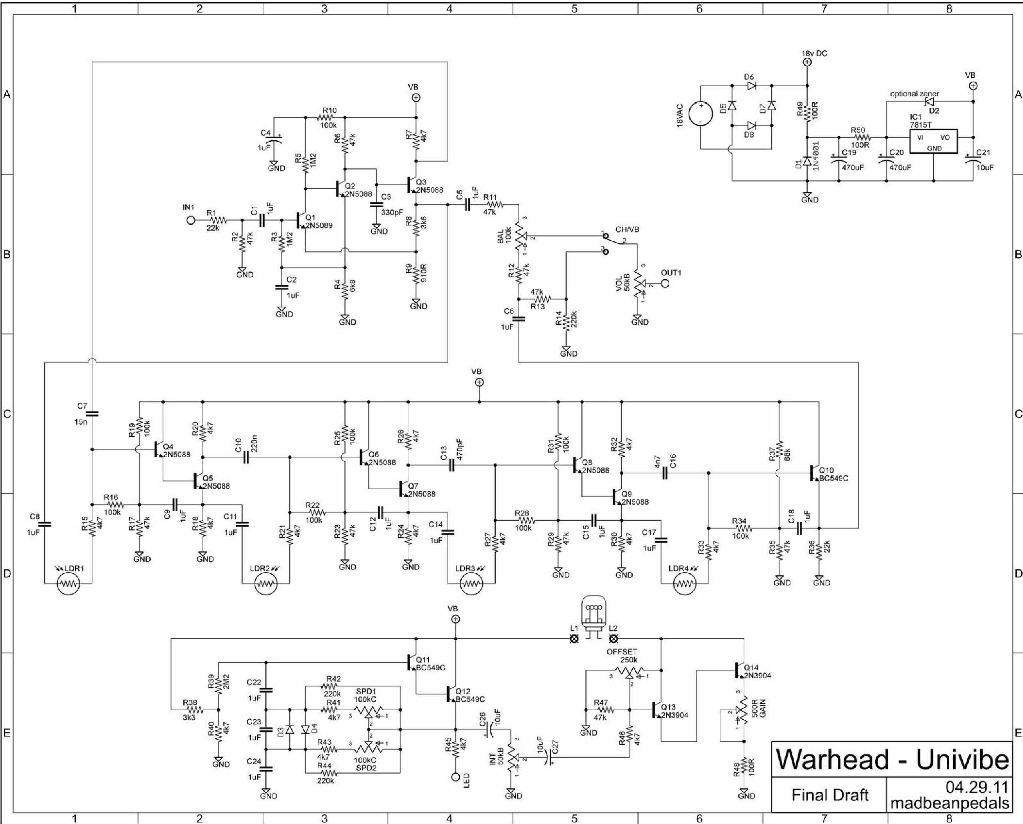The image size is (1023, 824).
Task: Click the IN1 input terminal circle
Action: tap(191, 220)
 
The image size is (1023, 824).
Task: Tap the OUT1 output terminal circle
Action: tap(665, 283)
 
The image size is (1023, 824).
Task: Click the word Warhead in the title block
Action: tap(832, 760)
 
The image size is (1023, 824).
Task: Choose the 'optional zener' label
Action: tap(914, 94)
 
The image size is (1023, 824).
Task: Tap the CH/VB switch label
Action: tap(627, 229)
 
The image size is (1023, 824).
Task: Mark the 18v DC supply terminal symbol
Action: tap(807, 62)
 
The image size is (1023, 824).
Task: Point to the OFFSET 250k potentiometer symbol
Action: tap(629, 673)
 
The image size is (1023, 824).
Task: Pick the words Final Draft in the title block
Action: tap(830, 795)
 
